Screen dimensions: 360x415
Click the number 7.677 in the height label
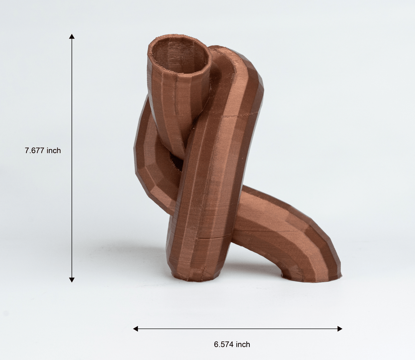[35, 151]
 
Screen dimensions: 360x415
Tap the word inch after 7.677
[54, 151]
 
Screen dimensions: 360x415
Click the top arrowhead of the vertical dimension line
[72, 37]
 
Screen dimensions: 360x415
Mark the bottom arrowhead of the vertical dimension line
[72, 280]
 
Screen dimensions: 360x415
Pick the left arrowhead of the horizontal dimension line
[136, 328]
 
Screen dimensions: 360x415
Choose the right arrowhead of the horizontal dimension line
[339, 328]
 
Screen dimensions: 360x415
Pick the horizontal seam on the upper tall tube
[240, 115]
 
